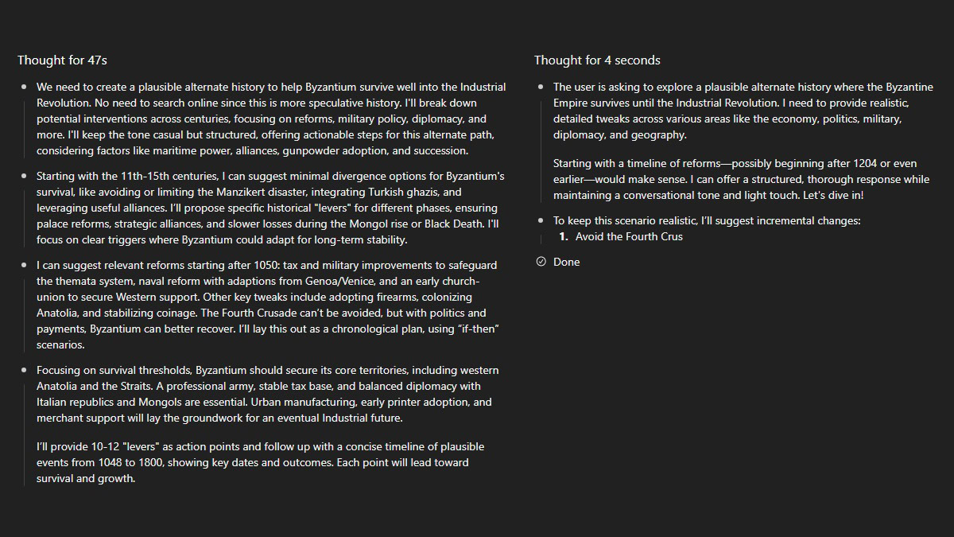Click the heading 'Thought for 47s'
coord(62,60)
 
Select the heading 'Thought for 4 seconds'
coord(597,60)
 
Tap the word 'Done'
coord(566,262)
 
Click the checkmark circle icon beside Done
coord(541,262)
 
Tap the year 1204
coord(865,163)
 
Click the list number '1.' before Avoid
coord(564,236)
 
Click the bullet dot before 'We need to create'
coord(25,87)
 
